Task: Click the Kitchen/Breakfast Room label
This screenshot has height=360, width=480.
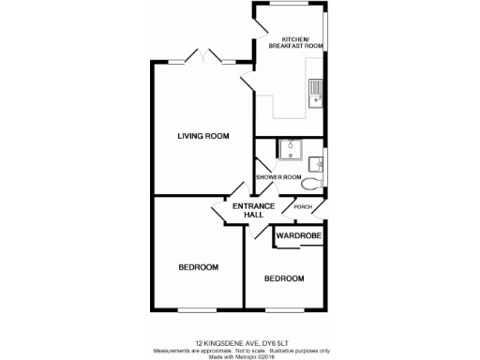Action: pos(289,41)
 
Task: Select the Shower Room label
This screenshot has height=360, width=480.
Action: pos(279,177)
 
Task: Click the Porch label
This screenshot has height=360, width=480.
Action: pos(303,207)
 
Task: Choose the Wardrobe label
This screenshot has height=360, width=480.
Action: pos(298,237)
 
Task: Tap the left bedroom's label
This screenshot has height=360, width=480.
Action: pos(198,267)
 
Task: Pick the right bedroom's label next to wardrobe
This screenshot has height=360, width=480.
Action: pos(283,278)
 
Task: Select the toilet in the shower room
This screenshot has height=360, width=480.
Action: pos(310,185)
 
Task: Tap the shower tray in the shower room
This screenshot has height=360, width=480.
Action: pos(288,150)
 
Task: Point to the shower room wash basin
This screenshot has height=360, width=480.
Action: pos(319,164)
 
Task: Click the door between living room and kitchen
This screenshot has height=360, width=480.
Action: pos(248,82)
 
